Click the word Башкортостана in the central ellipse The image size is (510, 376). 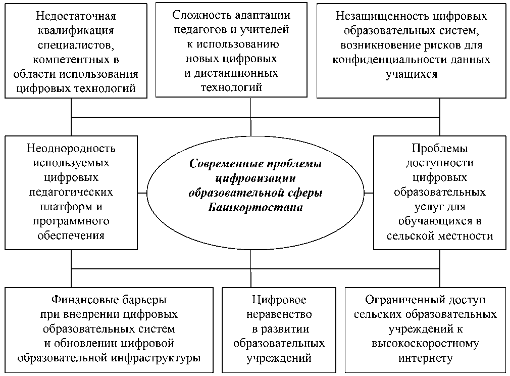(255, 208)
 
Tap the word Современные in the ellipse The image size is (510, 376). (221, 164)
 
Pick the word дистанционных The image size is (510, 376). (236, 73)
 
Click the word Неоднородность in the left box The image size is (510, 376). (71, 149)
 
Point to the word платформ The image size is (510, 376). (60, 207)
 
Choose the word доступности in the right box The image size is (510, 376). (439, 163)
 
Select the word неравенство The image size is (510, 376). (279, 314)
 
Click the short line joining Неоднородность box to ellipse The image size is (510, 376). (142, 193)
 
